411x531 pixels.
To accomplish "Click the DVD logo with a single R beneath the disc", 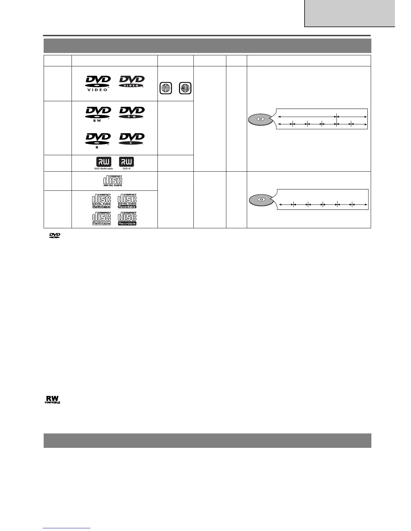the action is [x=98, y=141].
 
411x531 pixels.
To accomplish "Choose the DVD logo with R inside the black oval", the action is [x=132, y=139].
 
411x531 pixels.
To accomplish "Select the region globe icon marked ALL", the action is [x=185, y=88].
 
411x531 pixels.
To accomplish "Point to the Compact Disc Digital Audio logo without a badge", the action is [x=113, y=181].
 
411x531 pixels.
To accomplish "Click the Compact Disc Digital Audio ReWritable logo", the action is [x=101, y=201].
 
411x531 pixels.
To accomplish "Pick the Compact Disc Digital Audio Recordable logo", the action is [x=127, y=201].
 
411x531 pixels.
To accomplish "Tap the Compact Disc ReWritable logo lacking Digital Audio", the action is [x=101, y=218].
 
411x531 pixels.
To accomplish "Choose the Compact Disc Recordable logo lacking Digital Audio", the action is [x=127, y=218].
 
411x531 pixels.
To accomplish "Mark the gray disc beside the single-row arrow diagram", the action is [x=261, y=200].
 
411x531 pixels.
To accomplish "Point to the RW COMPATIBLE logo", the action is [x=52, y=400].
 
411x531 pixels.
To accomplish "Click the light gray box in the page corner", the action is [x=350, y=13].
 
